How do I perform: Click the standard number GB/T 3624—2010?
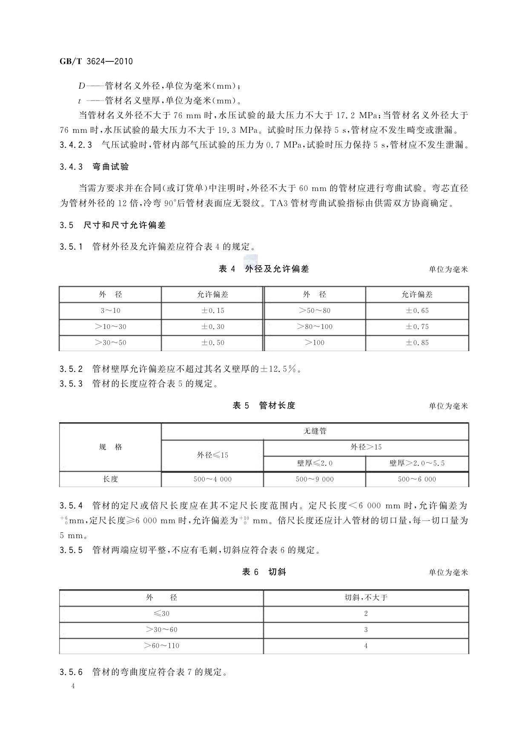(96, 61)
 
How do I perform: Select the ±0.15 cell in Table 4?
(212, 311)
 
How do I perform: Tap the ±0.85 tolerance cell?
(417, 343)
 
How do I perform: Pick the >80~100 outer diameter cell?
(315, 327)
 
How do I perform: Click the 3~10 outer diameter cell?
(110, 311)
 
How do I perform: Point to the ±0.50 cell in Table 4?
(212, 343)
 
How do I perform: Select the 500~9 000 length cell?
(315, 479)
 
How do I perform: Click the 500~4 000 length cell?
(212, 479)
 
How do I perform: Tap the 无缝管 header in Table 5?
(315, 431)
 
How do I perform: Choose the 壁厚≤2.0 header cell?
(315, 463)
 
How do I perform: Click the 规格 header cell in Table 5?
(110, 447)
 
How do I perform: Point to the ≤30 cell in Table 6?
(161, 614)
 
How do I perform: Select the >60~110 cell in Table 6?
(161, 646)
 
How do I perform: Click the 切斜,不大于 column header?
(366, 597)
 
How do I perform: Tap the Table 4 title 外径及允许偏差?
(277, 269)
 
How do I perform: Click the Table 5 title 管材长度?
(277, 406)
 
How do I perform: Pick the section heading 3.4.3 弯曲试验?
(95, 167)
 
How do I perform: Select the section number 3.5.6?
(71, 672)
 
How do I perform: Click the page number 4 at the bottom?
(73, 686)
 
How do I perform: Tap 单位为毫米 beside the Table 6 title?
(448, 572)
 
